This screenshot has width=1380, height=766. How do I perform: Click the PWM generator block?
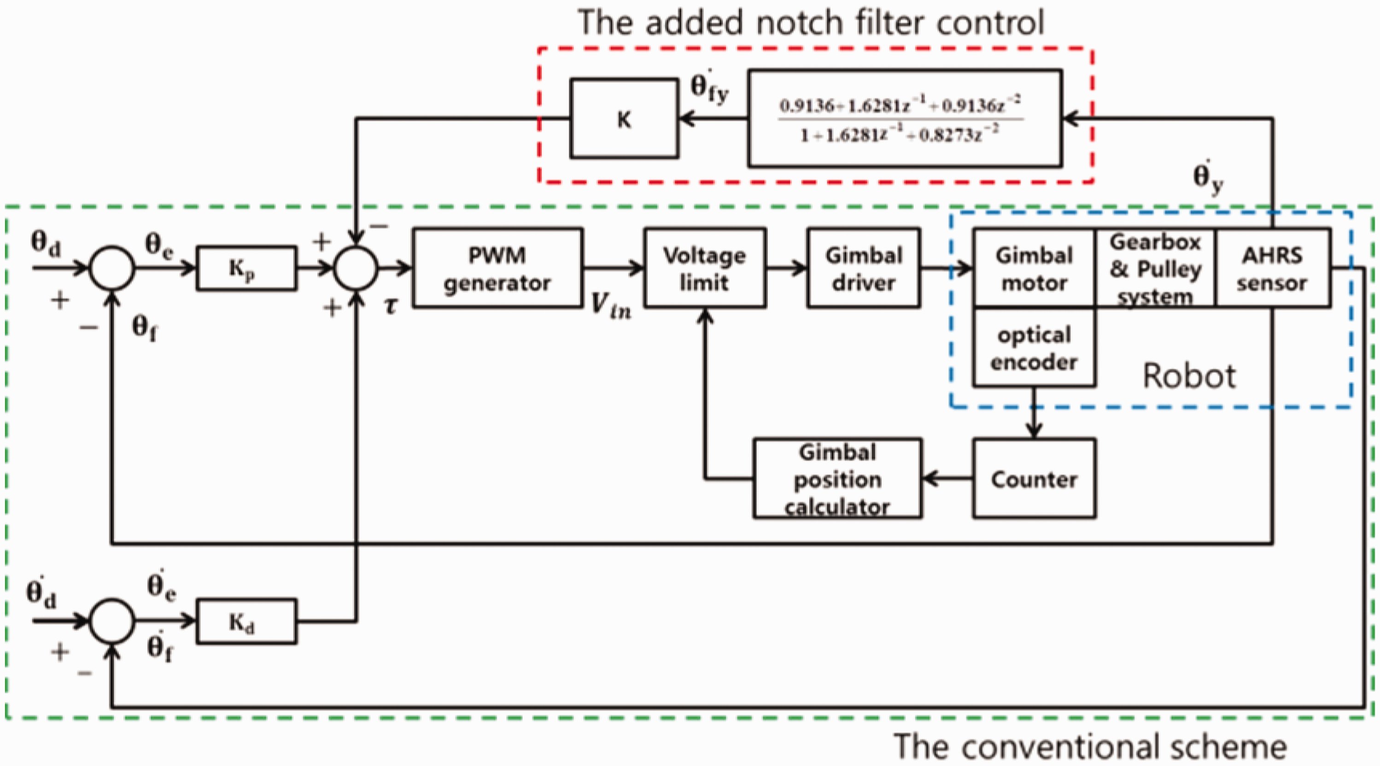point(497,268)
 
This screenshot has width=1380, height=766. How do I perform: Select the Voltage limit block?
point(704,268)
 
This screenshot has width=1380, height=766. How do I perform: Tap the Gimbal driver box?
point(864,268)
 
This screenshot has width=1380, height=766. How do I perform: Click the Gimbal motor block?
point(1034,268)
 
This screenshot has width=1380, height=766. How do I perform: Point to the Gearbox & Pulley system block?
point(1156,268)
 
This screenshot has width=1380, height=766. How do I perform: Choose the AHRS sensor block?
point(1273,268)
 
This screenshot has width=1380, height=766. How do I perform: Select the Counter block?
point(1034,479)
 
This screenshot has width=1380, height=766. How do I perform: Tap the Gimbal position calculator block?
point(837,479)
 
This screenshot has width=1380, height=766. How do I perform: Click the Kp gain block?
point(246,268)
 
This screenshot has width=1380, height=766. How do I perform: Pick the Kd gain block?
point(246,621)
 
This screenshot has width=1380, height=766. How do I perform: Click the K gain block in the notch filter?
point(624,118)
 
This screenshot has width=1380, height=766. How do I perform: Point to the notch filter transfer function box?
point(905,118)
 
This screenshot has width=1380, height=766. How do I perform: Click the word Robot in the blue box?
point(1189,375)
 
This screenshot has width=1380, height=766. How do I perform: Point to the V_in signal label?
point(611,306)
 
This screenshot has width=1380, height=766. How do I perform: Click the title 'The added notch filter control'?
point(811,23)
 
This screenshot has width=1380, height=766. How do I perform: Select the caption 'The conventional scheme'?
point(1090,747)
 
